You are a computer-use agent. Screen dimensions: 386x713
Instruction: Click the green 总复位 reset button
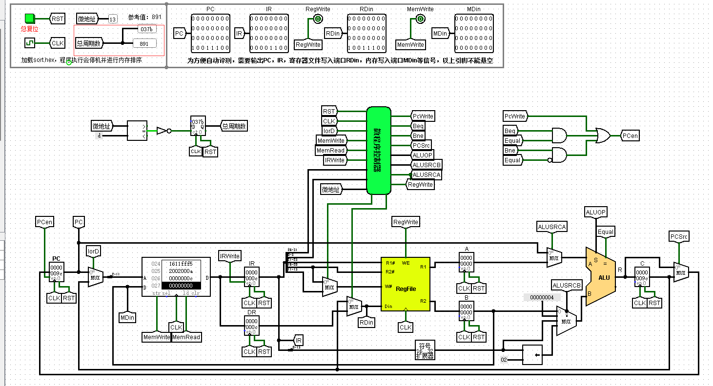[30, 19]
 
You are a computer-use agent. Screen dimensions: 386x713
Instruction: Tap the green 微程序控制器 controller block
[379, 150]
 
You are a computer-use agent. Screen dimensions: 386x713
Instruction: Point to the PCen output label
[630, 136]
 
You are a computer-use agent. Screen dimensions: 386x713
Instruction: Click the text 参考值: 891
[144, 17]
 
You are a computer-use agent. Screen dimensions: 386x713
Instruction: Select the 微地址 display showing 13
[113, 19]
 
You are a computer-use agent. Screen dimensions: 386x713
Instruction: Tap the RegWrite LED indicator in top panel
[317, 19]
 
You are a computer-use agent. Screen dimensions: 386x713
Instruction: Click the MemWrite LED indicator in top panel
[420, 19]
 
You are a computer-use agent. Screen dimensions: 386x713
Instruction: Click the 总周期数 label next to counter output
[234, 126]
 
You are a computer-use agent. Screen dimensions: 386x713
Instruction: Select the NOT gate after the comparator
[163, 131]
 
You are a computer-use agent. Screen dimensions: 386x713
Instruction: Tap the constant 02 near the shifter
[505, 360]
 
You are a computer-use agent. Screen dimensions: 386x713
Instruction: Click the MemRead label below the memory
[186, 337]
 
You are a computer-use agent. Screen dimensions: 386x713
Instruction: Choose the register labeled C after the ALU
[641, 276]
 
